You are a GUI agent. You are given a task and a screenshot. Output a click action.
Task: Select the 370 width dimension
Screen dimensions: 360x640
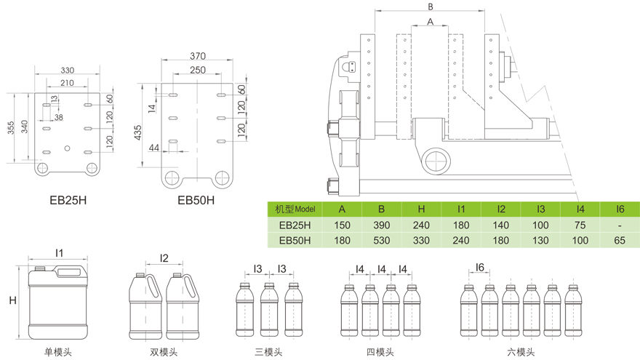coord(197,56)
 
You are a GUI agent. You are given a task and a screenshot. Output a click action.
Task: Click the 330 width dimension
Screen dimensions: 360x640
coord(67,71)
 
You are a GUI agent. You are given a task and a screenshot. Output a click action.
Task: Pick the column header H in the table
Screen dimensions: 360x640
coord(421,209)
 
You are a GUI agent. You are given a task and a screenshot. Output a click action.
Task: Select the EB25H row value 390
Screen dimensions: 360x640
coord(382,225)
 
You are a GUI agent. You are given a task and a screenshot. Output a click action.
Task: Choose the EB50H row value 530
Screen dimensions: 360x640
coord(382,240)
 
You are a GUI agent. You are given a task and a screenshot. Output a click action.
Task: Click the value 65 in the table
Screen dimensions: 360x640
coord(620,240)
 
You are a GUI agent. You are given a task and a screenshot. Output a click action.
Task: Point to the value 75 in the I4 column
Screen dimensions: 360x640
coord(580,225)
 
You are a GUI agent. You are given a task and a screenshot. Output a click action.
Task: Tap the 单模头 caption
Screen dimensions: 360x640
coord(58,352)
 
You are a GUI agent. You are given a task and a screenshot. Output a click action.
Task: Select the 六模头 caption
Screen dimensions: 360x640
coord(520,352)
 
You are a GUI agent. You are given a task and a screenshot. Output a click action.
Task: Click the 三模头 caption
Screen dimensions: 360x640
coord(269,352)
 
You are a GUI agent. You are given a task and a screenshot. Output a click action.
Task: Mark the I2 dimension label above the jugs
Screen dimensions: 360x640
coord(164,258)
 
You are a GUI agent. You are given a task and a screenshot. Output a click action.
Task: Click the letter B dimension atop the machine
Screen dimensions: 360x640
coord(431,7)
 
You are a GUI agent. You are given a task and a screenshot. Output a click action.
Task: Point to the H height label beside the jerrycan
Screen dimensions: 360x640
coord(12,300)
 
